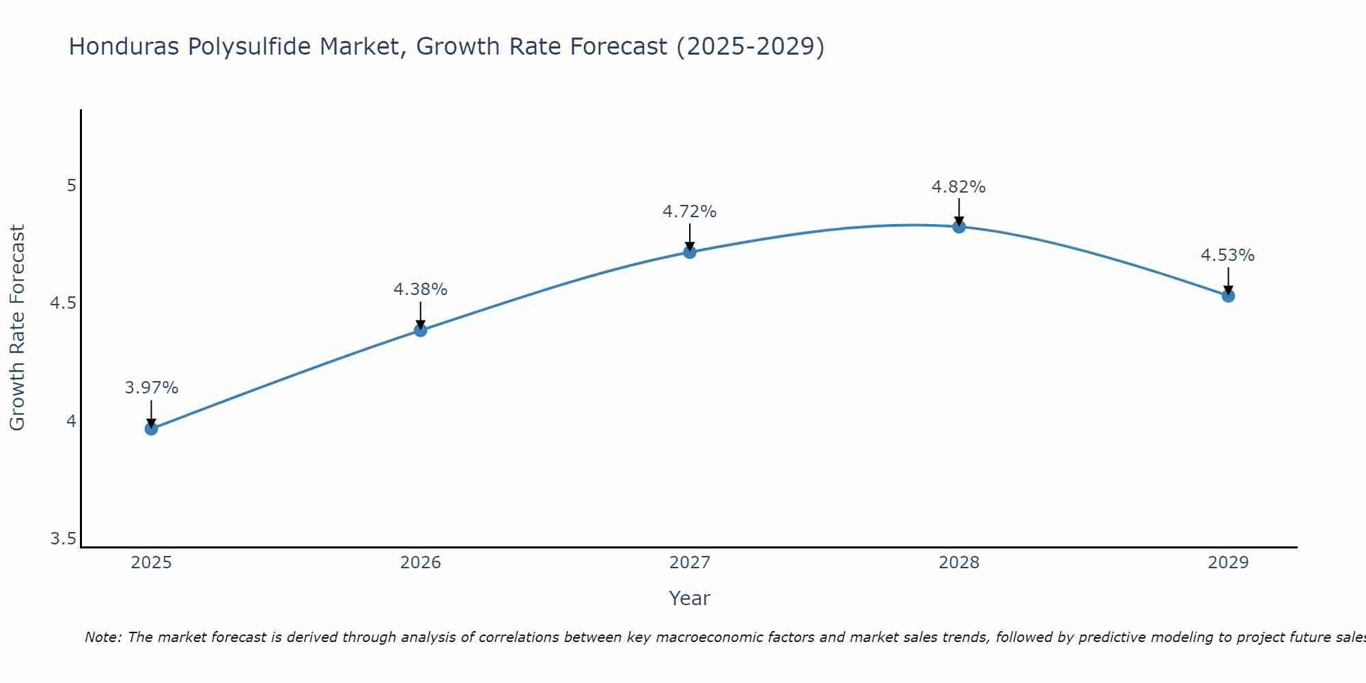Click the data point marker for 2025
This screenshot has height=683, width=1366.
click(x=151, y=428)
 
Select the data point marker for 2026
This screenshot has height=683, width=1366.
click(x=420, y=330)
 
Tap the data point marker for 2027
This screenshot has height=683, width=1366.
click(x=689, y=252)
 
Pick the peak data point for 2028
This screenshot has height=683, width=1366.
click(x=958, y=227)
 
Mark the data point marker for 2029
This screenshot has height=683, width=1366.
click(x=1227, y=296)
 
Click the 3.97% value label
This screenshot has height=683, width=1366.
click(x=151, y=388)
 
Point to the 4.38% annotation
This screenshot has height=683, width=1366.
click(x=420, y=290)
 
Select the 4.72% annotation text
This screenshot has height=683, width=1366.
click(x=689, y=212)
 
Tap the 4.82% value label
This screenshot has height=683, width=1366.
click(x=958, y=187)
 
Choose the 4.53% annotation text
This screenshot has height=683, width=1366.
click(x=1227, y=255)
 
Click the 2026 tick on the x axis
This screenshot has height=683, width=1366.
click(x=420, y=563)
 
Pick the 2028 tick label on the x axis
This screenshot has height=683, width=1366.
click(x=958, y=563)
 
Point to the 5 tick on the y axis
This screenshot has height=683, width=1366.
click(x=71, y=186)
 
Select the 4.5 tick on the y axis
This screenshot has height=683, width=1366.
click(x=64, y=303)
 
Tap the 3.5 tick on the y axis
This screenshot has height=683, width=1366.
click(x=64, y=539)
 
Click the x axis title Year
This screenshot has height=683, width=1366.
click(x=689, y=598)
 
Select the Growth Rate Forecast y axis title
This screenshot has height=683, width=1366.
click(x=17, y=328)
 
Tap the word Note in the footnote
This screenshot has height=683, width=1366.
click(x=101, y=637)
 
